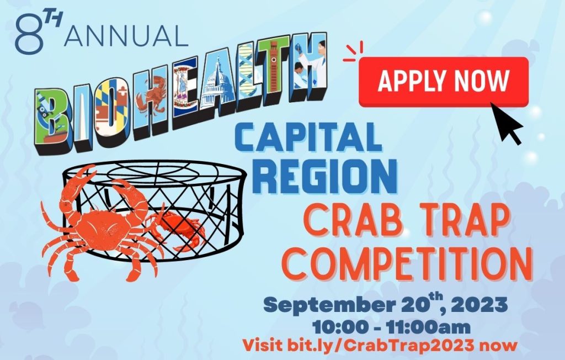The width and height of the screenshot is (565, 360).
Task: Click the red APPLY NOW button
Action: click(444, 82)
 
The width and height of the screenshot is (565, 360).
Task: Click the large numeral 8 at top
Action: click(29, 34)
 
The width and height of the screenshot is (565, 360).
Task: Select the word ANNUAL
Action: click(126, 36)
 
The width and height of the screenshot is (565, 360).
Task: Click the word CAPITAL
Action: click(308, 137)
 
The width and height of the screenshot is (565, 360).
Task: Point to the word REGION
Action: click(327, 177)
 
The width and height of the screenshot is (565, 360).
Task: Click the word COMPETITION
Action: click(407, 263)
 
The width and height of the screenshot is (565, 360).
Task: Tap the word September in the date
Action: click(329, 306)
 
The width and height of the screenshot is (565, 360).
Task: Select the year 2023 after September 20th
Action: click(479, 305)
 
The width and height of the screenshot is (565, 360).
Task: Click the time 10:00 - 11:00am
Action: click(391, 327)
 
